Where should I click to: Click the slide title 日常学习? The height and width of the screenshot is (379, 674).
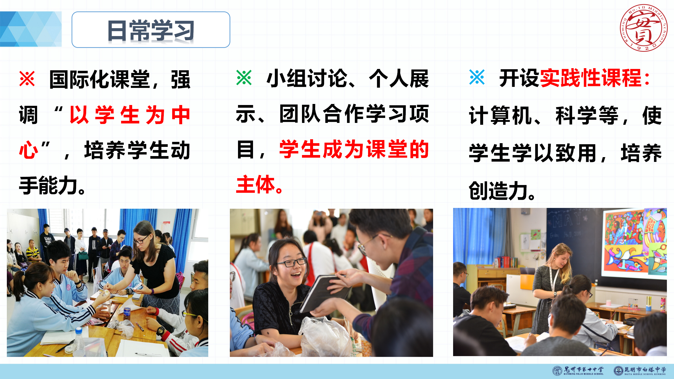pyautogui.click(x=151, y=31)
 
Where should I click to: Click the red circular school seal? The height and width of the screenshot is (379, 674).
pyautogui.click(x=643, y=28)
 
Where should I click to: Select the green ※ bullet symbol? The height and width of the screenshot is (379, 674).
pyautogui.click(x=244, y=77)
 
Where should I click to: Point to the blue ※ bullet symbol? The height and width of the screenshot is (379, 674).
pyautogui.click(x=477, y=77)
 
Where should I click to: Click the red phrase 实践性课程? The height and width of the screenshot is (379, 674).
pyautogui.click(x=591, y=78)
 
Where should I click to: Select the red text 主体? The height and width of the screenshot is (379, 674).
pyautogui.click(x=256, y=184)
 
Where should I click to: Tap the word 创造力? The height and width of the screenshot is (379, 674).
pyautogui.click(x=498, y=191)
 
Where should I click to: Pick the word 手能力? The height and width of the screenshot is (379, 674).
pyautogui.click(x=48, y=186)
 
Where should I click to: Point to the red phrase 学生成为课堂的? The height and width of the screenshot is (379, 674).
pyautogui.click(x=354, y=149)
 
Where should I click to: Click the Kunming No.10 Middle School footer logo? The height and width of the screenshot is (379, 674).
pyautogui.click(x=578, y=371)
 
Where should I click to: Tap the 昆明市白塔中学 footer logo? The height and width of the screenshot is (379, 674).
pyautogui.click(x=640, y=371)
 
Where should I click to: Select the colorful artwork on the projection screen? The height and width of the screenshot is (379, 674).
pyautogui.click(x=635, y=242)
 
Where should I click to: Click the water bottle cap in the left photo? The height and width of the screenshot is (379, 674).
pyautogui.click(x=79, y=330)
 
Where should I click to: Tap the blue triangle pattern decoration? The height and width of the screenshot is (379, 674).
pyautogui.click(x=31, y=29)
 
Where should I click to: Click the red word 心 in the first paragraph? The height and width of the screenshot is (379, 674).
pyautogui.click(x=29, y=150)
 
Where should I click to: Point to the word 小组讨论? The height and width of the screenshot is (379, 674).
pyautogui.click(x=307, y=78)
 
